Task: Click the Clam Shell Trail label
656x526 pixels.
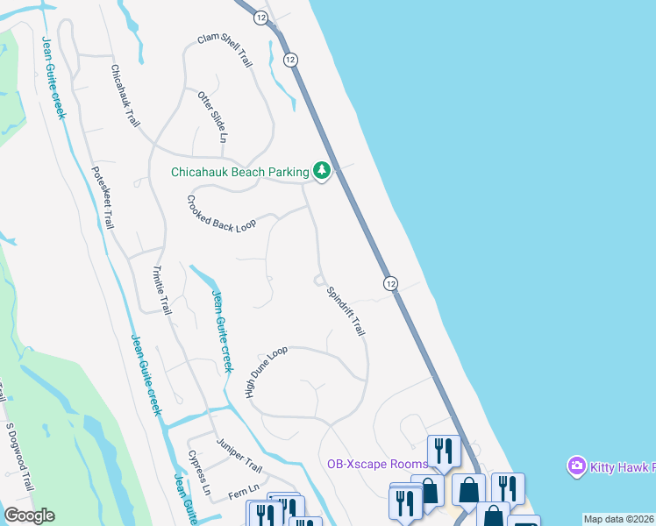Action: pyautogui.click(x=225, y=52)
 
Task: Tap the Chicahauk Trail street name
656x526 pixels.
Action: pyautogui.click(x=125, y=96)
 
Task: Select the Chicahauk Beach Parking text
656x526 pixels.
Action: pyautogui.click(x=239, y=172)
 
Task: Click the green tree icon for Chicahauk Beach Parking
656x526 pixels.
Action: pyautogui.click(x=322, y=170)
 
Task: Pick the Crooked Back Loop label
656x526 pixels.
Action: pyautogui.click(x=220, y=213)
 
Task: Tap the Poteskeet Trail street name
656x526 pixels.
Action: pyautogui.click(x=103, y=197)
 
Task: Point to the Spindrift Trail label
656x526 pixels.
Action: pyautogui.click(x=345, y=311)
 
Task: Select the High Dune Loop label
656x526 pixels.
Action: pyautogui.click(x=267, y=372)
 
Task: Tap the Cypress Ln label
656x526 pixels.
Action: pyautogui.click(x=199, y=472)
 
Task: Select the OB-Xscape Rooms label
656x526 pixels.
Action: pyautogui.click(x=376, y=464)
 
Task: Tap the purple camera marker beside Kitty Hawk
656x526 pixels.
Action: pyautogui.click(x=576, y=464)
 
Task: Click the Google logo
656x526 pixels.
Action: pyautogui.click(x=29, y=515)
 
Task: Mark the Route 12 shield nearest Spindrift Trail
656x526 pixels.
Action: pyautogui.click(x=390, y=283)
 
